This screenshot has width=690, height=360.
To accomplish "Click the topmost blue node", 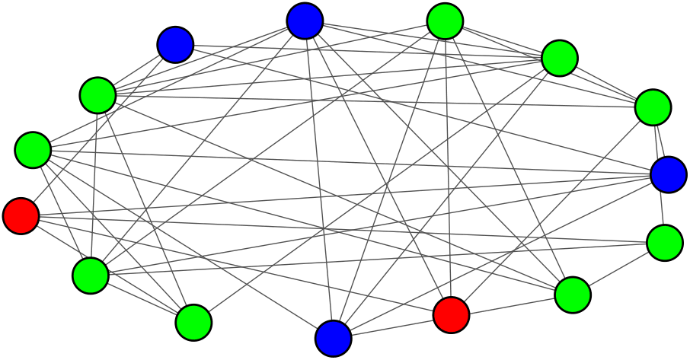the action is point(305,21).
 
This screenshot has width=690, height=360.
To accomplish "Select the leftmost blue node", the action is point(175,45).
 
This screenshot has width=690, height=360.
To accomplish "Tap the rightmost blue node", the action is point(669,174).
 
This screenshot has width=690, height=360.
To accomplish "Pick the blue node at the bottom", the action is point(334,338).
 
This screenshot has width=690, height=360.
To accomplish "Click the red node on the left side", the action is point(21,215).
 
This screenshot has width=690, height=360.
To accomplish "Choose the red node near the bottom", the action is point(452,314).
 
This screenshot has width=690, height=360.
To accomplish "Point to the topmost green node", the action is point(446,21).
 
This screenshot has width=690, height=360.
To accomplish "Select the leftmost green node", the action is point(33,150).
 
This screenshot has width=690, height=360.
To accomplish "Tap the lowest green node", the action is point(193,323).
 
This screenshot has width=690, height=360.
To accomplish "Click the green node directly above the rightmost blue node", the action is point(653,107).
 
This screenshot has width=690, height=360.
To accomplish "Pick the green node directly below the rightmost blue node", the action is point(665,243).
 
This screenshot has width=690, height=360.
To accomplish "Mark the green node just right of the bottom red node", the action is point(573,295).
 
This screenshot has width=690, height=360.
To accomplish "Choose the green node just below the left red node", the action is point(91,276).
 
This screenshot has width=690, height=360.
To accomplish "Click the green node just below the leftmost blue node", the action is point(97,95).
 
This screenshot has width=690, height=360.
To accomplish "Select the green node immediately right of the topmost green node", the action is point(560,58).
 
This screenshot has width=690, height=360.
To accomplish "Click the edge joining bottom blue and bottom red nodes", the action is point(392,327).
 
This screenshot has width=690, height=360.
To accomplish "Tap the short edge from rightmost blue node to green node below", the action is point(667,209).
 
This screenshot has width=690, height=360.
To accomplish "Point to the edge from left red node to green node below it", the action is point(56,245).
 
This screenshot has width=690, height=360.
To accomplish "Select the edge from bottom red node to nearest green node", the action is point(512,304).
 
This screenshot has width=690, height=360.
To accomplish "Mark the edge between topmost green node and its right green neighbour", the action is point(503,40).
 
